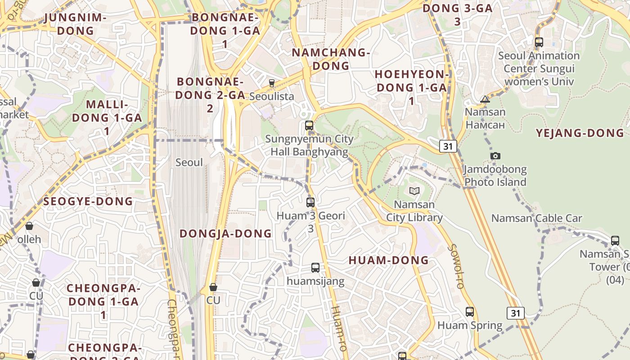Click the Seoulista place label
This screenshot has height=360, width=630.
coord(271,96)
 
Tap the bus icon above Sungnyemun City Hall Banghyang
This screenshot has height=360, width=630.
coord(309,126)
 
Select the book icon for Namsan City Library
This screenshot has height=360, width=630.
coord(414,191)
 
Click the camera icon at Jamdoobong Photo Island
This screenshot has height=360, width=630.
coord(495,156)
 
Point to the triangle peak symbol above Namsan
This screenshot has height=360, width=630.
coord(485,99)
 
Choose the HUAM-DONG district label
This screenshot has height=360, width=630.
coord(389,260)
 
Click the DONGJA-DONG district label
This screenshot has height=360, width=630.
coord(226,234)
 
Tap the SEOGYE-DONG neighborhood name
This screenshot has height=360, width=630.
coord(88,201)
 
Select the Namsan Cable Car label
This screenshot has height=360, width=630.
coord(536,218)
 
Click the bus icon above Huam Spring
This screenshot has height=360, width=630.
coord(470,311)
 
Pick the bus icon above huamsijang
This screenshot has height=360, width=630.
coord(315,268)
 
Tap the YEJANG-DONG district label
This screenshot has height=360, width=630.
coord(580,133)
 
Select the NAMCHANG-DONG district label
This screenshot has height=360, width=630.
coord(331,59)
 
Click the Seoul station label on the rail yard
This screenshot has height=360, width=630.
coord(189,162)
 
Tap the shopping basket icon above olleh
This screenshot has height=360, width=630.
coord(29,226)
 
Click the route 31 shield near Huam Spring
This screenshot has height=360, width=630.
coord(516,313)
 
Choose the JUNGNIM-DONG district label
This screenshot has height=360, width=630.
coord(76,24)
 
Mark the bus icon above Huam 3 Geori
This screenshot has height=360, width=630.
coord(310,202)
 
